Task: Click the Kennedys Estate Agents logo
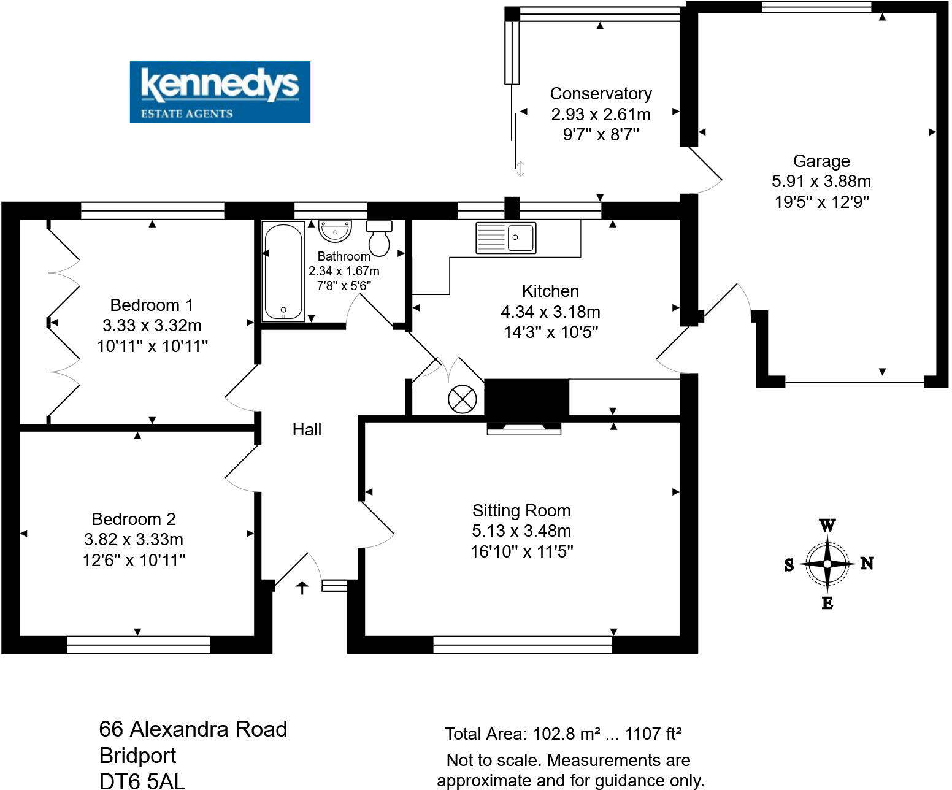click(x=220, y=92)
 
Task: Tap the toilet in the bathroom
click(x=380, y=239)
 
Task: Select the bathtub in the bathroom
click(x=283, y=271)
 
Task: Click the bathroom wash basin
click(x=335, y=231)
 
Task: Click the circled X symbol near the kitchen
click(x=462, y=400)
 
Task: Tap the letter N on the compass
click(x=867, y=563)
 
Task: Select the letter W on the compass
click(x=827, y=526)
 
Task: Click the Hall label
click(x=307, y=430)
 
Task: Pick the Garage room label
click(x=821, y=161)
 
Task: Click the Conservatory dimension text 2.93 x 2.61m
click(x=601, y=115)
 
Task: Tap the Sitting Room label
click(x=521, y=511)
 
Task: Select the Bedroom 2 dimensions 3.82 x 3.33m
click(x=134, y=540)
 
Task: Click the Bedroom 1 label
click(x=152, y=305)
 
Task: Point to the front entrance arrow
click(x=302, y=588)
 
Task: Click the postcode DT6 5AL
click(x=142, y=781)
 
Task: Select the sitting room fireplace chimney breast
click(x=526, y=398)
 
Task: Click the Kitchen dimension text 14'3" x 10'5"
click(x=551, y=332)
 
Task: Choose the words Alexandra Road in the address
click(x=209, y=729)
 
